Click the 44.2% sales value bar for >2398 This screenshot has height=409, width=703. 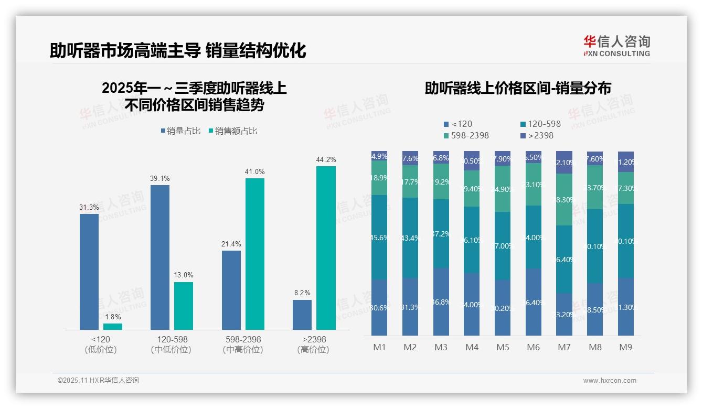(326, 247)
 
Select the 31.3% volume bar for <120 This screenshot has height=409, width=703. (89, 272)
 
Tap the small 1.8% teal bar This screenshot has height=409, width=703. (113, 327)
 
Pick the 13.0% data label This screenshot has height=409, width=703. (184, 275)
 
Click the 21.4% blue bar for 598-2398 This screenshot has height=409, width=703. (231, 290)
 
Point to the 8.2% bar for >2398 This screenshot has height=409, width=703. (302, 315)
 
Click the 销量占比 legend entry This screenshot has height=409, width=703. (180, 131)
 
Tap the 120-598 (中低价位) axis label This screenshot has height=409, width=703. (172, 345)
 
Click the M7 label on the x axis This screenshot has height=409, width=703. (564, 347)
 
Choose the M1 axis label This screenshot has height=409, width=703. (379, 347)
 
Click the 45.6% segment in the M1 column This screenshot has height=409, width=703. (379, 237)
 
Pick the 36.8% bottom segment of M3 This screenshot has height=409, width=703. (441, 302)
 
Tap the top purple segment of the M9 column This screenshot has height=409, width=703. (626, 162)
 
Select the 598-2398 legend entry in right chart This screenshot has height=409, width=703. (466, 135)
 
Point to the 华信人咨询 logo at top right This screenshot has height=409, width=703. (616, 46)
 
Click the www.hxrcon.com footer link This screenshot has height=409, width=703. (610, 381)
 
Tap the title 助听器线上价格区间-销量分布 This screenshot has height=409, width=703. (518, 88)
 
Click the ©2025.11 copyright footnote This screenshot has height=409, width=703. (98, 381)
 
